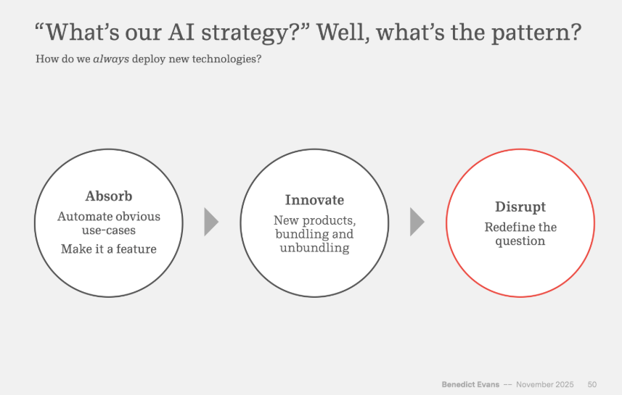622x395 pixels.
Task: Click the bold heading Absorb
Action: click(x=109, y=196)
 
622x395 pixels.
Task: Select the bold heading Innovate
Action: click(x=314, y=200)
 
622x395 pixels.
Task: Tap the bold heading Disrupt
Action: click(x=520, y=207)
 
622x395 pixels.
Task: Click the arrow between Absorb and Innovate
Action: click(x=211, y=222)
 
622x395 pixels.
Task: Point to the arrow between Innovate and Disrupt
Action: click(x=417, y=222)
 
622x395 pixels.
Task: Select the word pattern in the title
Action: click(x=536, y=33)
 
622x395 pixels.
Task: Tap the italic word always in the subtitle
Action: click(x=111, y=59)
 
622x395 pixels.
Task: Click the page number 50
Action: click(x=592, y=384)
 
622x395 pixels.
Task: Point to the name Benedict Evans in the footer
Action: click(x=470, y=384)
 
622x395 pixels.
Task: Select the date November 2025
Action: click(x=544, y=384)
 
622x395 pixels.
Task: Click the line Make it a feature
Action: click(x=109, y=249)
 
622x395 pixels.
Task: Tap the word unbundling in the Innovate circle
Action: click(x=314, y=248)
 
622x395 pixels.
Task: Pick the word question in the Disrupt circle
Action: click(x=520, y=241)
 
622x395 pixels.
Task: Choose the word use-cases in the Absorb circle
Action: click(x=109, y=230)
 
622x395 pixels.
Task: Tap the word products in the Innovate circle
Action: click(x=329, y=220)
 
